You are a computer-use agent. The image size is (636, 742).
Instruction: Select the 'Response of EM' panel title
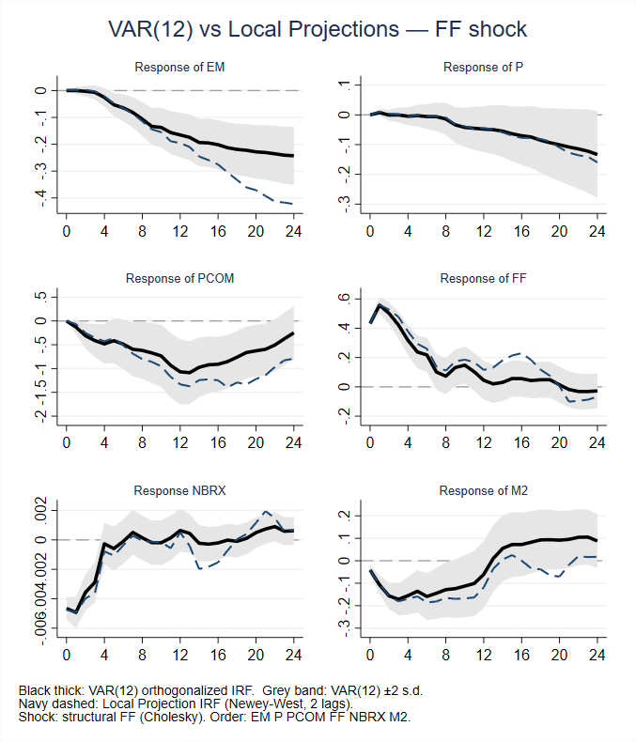click(179, 67)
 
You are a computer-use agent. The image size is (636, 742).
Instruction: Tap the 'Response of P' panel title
click(484, 67)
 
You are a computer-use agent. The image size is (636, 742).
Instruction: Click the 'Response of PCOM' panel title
click(179, 278)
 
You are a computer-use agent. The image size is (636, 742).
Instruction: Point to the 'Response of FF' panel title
click(484, 278)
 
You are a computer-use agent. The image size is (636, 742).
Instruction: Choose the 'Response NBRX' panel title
click(179, 489)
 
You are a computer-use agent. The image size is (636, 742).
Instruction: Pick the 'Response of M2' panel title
click(484, 489)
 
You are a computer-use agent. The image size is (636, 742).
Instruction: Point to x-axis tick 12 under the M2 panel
click(484, 653)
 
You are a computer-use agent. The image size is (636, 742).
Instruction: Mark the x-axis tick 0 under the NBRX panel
click(66, 653)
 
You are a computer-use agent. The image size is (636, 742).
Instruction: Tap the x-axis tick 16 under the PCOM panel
click(217, 441)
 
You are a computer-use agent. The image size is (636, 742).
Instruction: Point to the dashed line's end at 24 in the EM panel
click(293, 204)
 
